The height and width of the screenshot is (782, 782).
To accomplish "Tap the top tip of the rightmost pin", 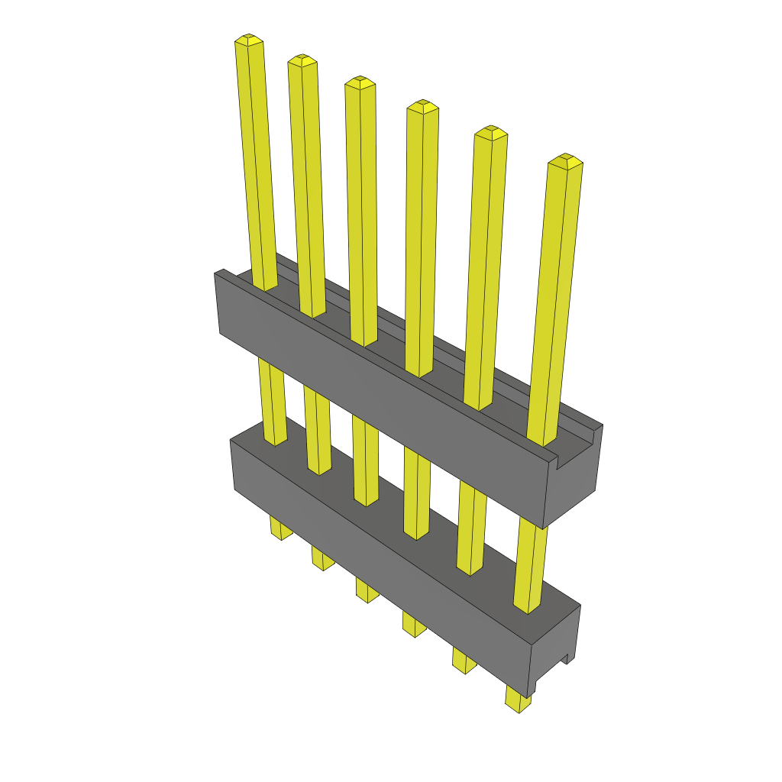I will point(565,160).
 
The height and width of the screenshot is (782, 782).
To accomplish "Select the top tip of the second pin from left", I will point(302,60).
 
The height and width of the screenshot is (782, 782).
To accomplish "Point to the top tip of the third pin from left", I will point(360,82).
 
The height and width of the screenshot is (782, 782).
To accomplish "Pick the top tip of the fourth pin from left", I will point(422,106).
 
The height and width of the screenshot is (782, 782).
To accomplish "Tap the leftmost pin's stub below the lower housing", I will point(280,528).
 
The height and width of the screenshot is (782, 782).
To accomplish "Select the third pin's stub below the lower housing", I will point(367,591).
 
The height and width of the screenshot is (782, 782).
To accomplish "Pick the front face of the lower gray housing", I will point(382,565).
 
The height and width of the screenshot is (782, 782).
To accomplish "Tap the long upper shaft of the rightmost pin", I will point(556,305).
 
